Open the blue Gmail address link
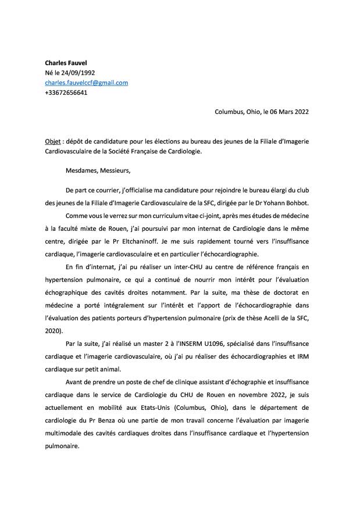[x=86, y=83]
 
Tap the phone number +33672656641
[x=66, y=92]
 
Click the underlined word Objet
[x=54, y=141]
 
